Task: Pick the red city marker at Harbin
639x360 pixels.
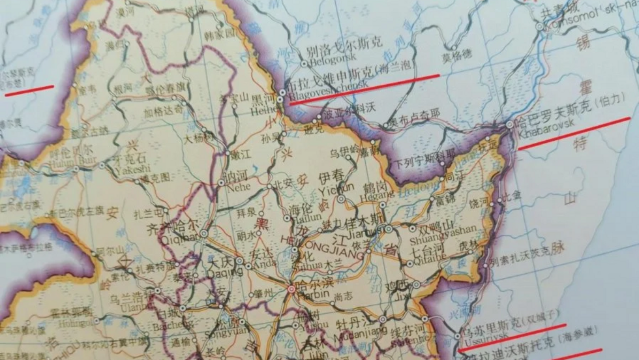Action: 291,288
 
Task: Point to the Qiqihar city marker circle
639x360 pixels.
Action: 204,233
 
